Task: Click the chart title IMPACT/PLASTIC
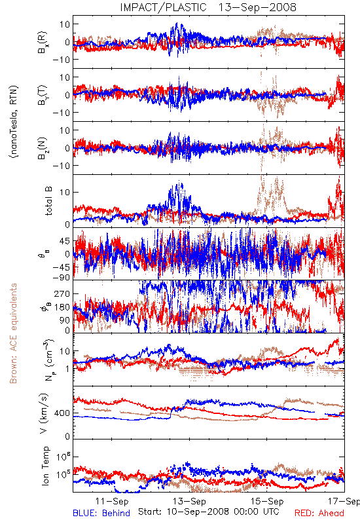coord(163,7)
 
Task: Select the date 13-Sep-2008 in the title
coord(257,7)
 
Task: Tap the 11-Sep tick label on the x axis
coord(112,501)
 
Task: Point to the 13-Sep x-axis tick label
coord(189,501)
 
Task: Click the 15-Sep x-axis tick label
coord(267,501)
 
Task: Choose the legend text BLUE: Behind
coord(101,513)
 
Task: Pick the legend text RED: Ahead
coord(319,513)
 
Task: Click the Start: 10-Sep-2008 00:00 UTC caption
coord(208,512)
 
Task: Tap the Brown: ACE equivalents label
coord(13,333)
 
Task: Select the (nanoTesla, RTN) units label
coord(14,121)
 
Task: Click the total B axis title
coord(48,201)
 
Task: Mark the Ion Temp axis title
coord(45,466)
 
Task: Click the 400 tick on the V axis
coord(62,413)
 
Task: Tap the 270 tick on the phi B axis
coord(62,294)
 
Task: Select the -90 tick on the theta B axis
coord(61,277)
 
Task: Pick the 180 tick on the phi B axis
coord(62,307)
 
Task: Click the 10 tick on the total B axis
coord(65,192)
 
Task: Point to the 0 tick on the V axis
coord(68,436)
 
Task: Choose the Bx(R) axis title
coord(43,42)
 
